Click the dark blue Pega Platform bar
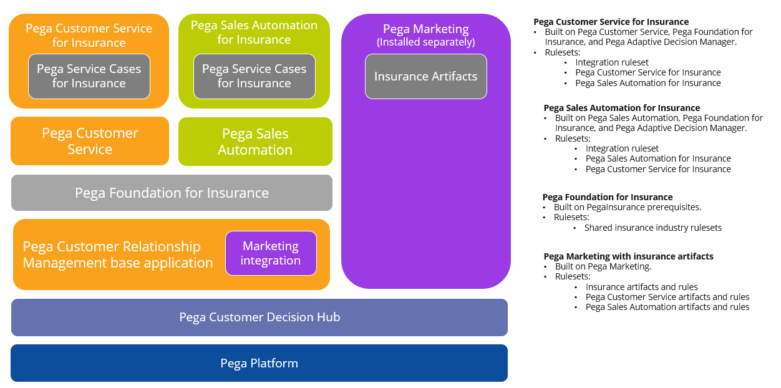coord(259,363)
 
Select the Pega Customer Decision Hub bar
coord(259,317)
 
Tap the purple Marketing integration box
coord(271,253)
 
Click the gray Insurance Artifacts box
coord(425,76)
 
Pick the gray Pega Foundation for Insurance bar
coord(172,193)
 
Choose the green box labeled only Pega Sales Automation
coord(255,142)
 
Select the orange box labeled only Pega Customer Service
coord(90,141)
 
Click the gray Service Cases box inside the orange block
coord(89,76)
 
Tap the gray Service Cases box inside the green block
coord(254,76)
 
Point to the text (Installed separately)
coord(425,42)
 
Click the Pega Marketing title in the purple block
coord(425,29)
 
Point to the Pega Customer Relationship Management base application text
coord(118,255)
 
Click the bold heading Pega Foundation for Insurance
coord(607,197)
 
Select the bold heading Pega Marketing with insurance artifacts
coord(628,256)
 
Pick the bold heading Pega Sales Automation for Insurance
coord(621,108)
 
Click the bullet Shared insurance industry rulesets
coord(652,228)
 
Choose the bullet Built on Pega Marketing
coord(603,266)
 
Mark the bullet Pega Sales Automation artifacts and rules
coord(667,307)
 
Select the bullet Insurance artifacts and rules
coord(641,287)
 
